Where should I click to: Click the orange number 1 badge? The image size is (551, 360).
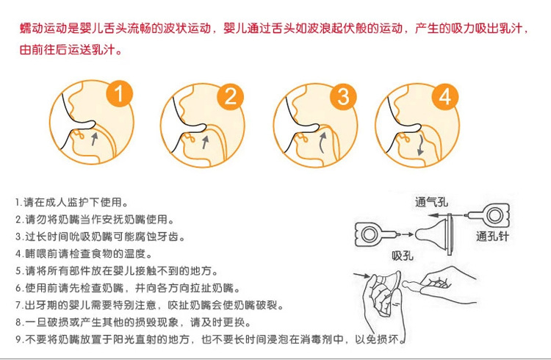click(120, 94)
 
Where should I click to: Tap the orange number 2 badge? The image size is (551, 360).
click(231, 96)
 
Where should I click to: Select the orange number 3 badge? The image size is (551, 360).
click(343, 96)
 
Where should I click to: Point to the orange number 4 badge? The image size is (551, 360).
click(445, 96)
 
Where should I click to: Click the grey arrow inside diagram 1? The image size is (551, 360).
click(94, 138)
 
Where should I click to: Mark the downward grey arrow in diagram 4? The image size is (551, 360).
click(420, 144)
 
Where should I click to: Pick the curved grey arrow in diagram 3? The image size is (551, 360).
click(323, 142)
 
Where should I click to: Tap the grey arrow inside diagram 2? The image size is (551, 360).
click(205, 142)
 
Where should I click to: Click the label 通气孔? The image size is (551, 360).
click(431, 202)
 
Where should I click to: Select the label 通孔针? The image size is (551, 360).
click(492, 236)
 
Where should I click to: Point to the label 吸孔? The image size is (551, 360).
click(403, 255)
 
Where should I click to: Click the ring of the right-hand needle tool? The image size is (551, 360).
click(494, 215)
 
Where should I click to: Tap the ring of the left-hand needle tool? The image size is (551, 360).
click(370, 234)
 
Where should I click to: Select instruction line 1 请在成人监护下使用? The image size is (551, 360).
click(72, 202)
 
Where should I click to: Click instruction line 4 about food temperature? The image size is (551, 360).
click(84, 253)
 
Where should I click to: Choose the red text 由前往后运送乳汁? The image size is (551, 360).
click(71, 49)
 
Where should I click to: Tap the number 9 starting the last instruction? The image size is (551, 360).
click(19, 339)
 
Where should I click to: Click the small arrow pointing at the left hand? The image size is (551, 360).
click(361, 275)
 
